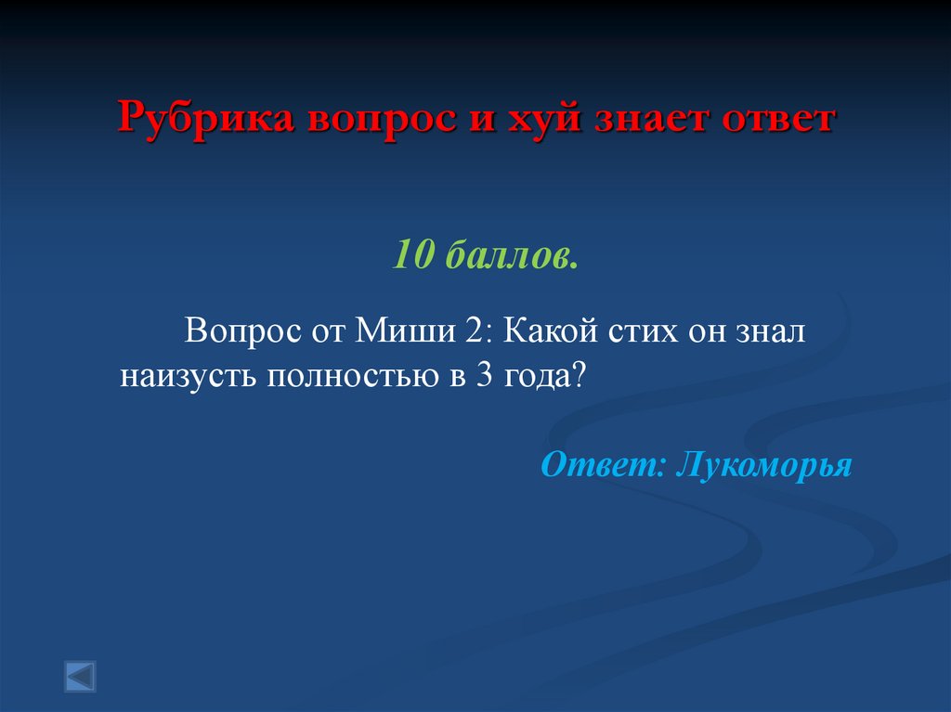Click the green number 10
pos(411,252)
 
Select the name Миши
pos(403,330)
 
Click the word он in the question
pos(706,330)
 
